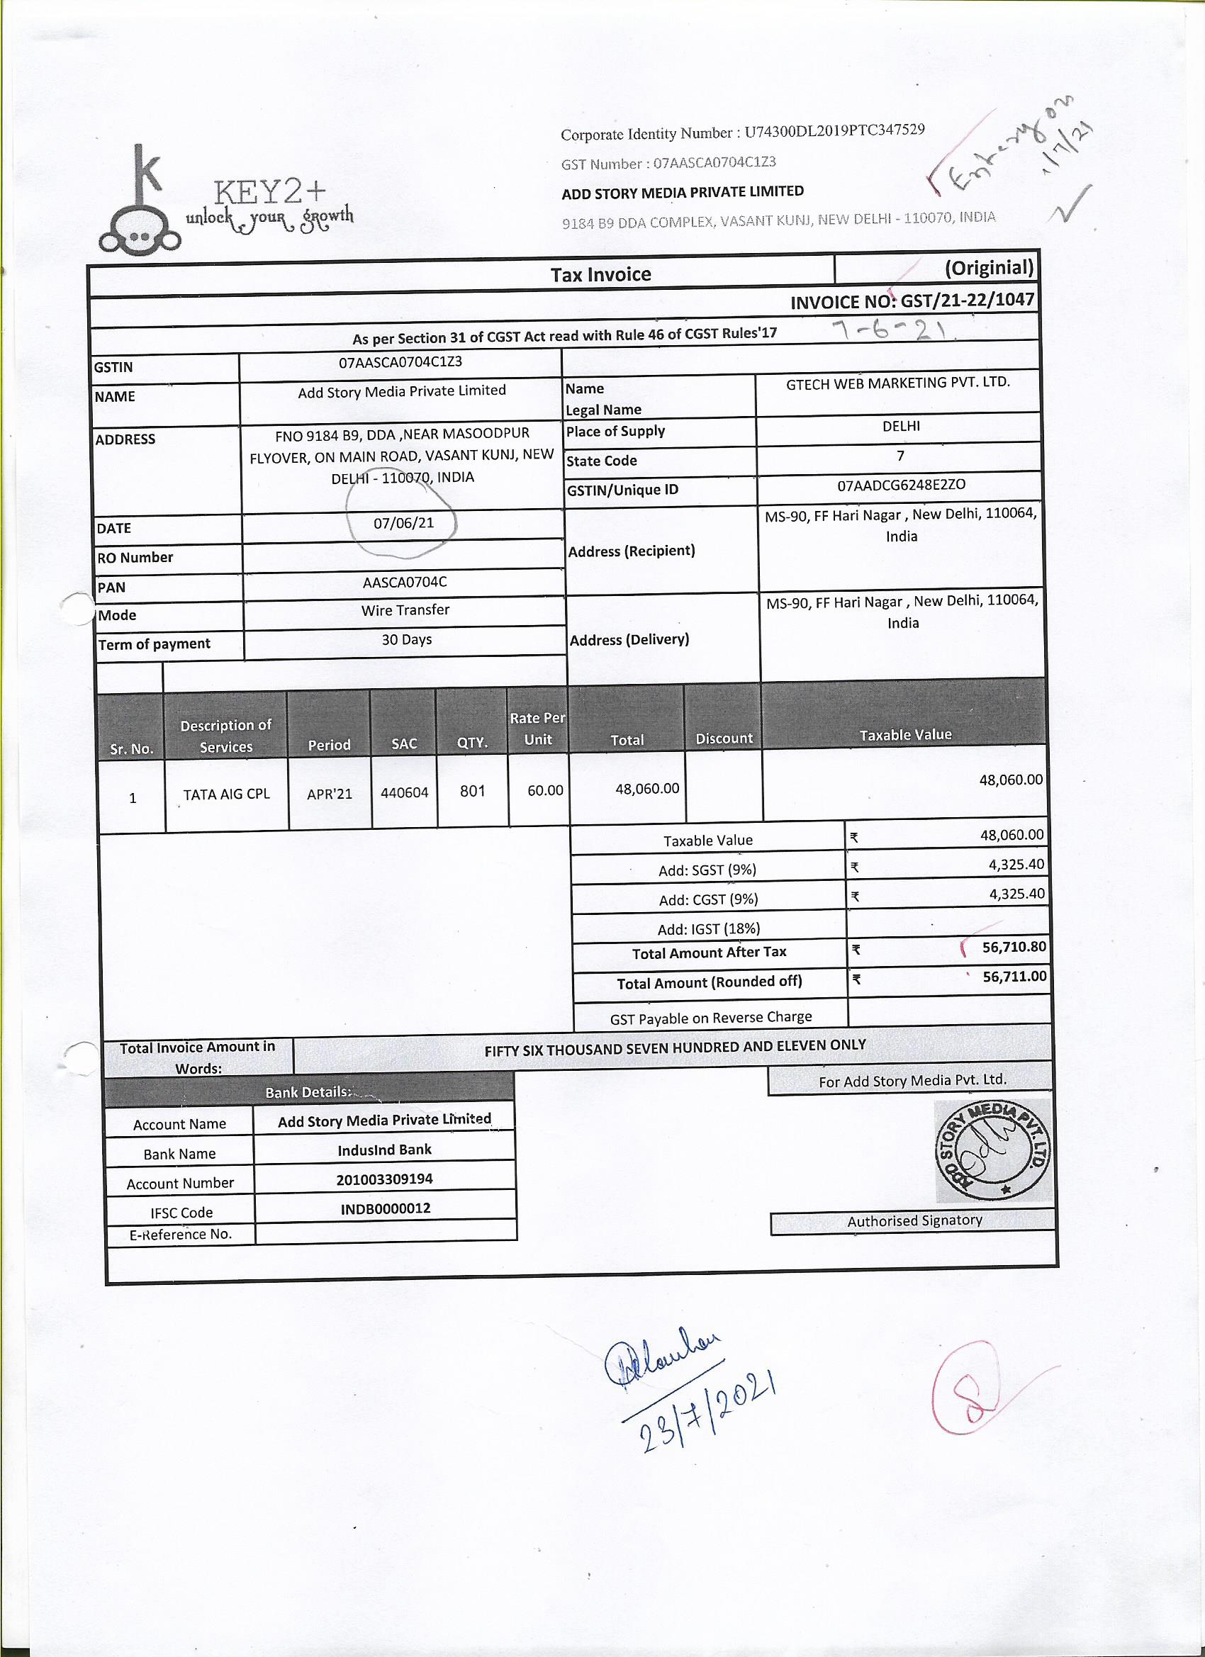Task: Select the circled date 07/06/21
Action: point(403,523)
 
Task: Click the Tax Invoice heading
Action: point(600,275)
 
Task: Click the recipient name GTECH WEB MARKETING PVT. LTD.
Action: point(897,383)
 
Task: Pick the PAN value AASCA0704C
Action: point(404,583)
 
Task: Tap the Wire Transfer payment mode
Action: point(405,610)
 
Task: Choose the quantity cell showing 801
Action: point(472,790)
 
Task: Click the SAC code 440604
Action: point(404,792)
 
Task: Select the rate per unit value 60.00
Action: point(544,790)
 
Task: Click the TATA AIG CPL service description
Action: point(226,794)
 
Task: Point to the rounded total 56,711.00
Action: point(1014,976)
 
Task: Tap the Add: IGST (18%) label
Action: point(709,928)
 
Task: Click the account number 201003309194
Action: point(384,1179)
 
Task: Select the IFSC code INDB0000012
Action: point(385,1208)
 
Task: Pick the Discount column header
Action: point(724,738)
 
